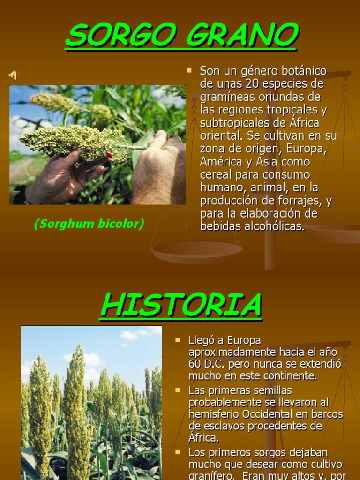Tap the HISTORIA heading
tap(180, 305)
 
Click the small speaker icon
tap(13, 75)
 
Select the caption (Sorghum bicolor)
tap(89, 224)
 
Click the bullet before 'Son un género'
tap(189, 71)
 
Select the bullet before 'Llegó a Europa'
tap(178, 339)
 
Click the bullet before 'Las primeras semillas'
tap(178, 390)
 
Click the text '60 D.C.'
tap(208, 364)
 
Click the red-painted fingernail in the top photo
tap(109, 155)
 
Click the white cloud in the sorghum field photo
tap(129, 335)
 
